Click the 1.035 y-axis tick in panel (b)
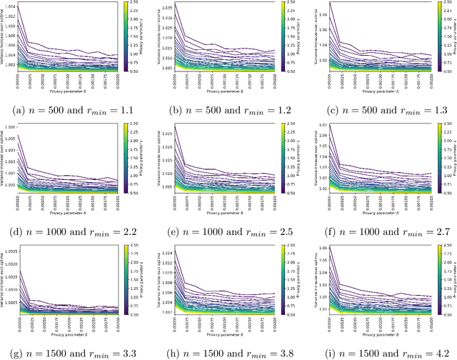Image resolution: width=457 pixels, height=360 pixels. click(164, 7)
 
